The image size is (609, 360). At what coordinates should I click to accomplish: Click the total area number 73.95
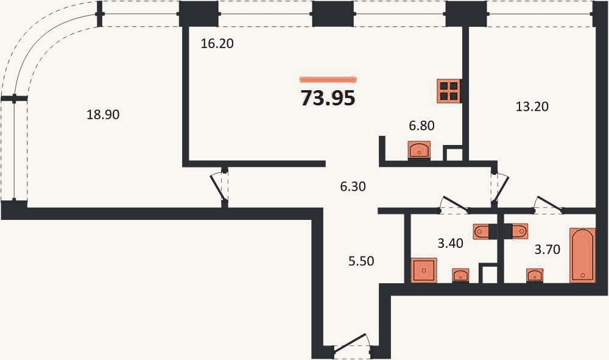click(328, 98)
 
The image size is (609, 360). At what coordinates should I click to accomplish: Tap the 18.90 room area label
click(103, 115)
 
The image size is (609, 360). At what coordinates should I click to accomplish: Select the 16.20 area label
click(217, 43)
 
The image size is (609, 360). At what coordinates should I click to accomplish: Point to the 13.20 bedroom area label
click(532, 106)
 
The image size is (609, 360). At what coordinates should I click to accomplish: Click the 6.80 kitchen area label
click(421, 125)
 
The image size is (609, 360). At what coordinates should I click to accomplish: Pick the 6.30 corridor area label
click(353, 186)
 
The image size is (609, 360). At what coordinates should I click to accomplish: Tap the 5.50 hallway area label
click(361, 261)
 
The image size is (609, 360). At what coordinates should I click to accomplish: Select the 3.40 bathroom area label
click(450, 243)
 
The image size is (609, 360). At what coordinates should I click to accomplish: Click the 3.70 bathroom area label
click(547, 249)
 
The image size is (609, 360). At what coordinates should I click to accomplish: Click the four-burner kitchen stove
click(449, 91)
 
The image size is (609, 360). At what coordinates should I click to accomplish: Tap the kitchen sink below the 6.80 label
click(419, 150)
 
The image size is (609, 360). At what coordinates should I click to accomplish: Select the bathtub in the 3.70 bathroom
click(583, 255)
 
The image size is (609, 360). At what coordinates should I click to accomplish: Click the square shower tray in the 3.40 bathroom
click(424, 270)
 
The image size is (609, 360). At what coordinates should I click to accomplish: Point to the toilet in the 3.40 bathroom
click(482, 231)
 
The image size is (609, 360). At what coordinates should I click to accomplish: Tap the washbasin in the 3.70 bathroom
click(535, 275)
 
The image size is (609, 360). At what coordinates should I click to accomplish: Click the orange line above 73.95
click(328, 80)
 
